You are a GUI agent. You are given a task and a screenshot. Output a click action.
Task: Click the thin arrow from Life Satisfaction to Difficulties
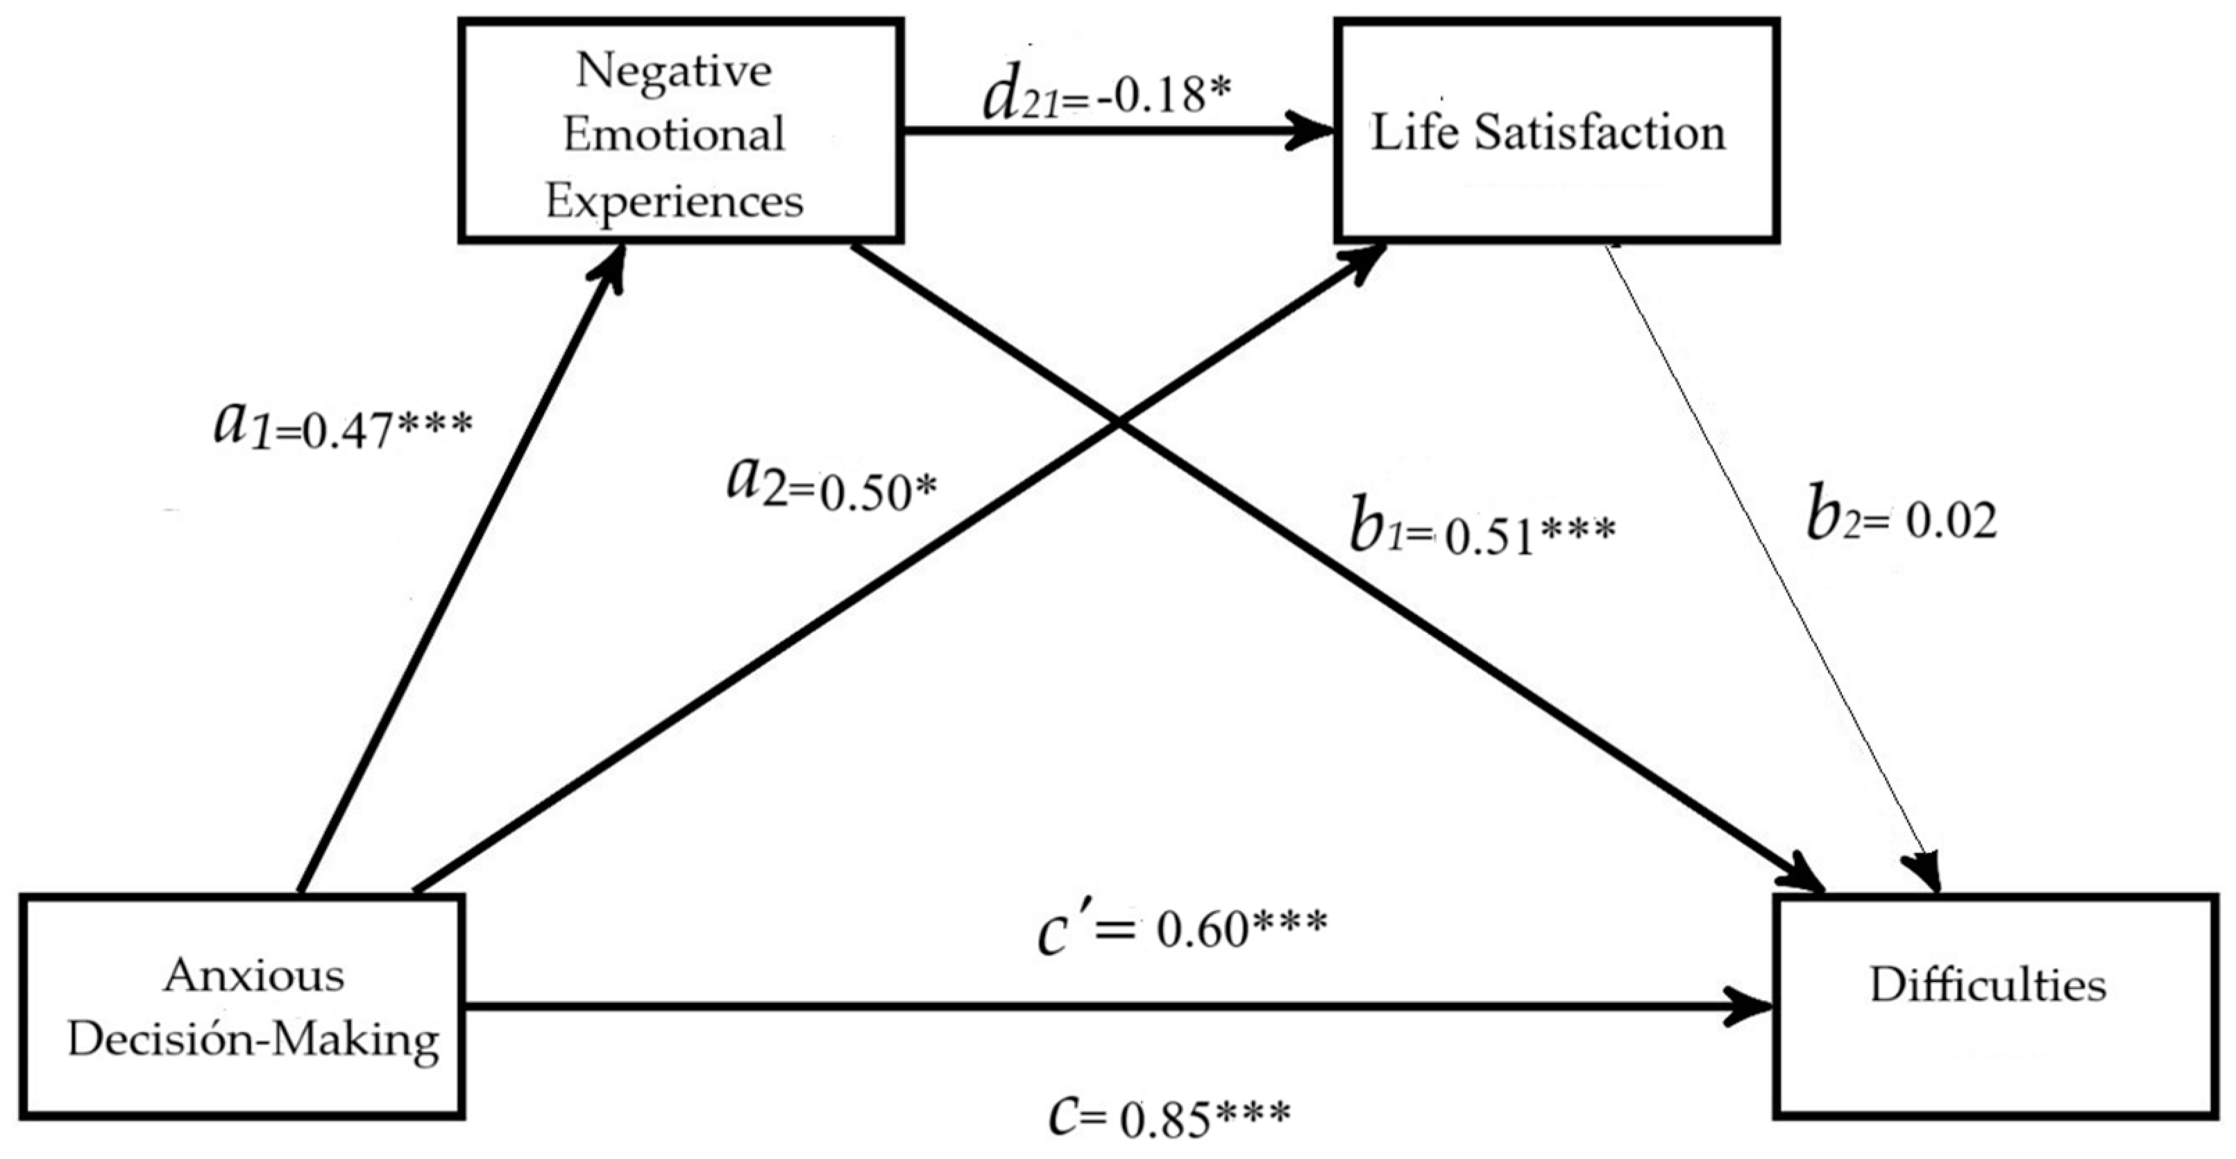(1771, 564)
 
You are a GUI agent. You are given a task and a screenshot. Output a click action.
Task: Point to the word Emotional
(675, 135)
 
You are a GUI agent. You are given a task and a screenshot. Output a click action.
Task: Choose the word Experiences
(675, 201)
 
